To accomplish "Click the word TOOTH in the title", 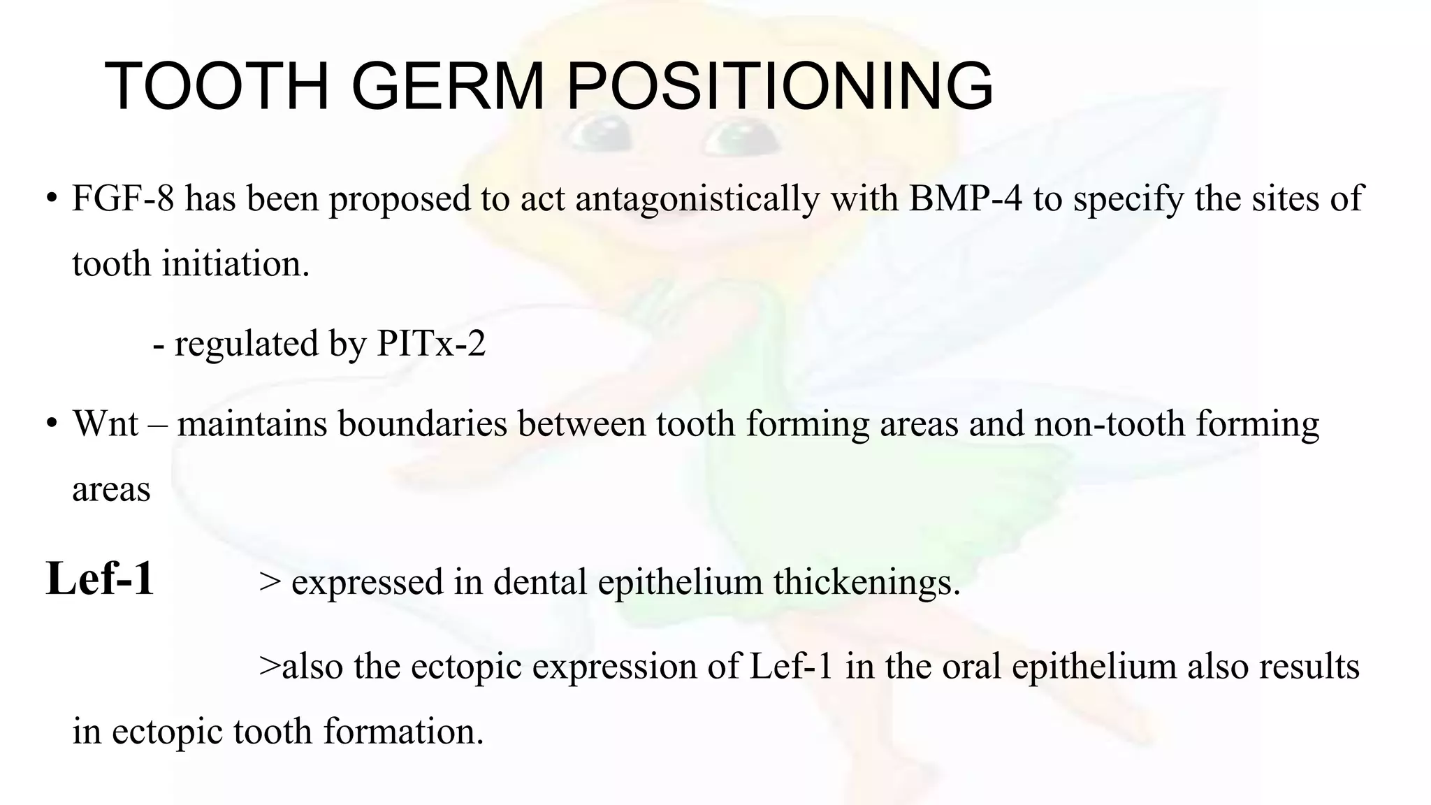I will [x=217, y=86].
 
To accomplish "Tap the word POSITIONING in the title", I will [x=779, y=86].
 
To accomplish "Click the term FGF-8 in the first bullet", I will [x=123, y=198].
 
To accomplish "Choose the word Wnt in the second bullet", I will [x=106, y=423].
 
